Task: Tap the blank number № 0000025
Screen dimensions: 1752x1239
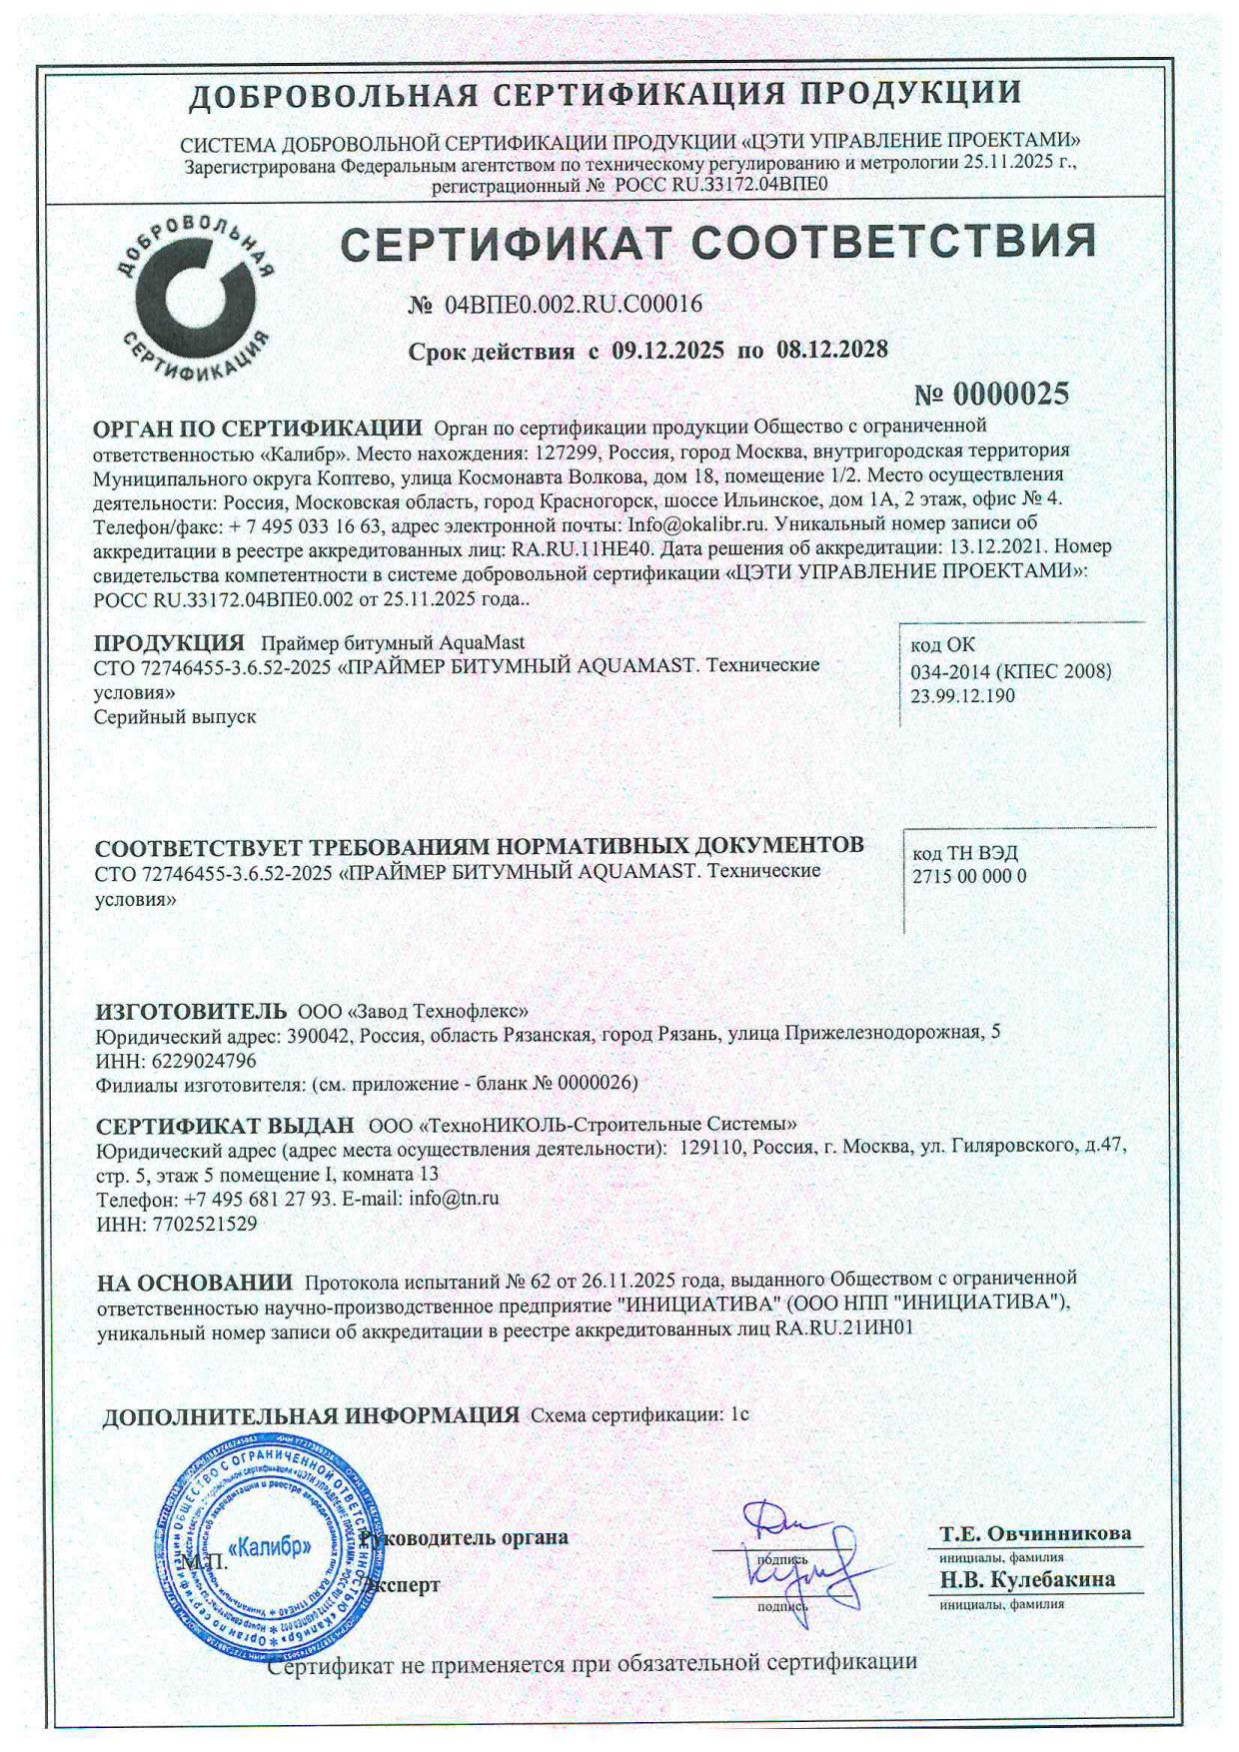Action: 991,394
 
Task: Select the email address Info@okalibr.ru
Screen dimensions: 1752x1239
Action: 696,523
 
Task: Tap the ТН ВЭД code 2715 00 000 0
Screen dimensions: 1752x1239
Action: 969,877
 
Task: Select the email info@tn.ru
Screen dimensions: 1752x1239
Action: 454,1198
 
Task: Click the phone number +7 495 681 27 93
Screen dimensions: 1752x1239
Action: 257,1198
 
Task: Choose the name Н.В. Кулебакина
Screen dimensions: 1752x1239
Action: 1027,1579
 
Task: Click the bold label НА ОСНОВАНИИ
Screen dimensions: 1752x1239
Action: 195,1283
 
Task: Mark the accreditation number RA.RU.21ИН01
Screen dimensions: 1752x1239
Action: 844,1329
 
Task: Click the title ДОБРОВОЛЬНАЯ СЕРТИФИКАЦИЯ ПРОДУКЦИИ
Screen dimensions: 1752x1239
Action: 606,94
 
